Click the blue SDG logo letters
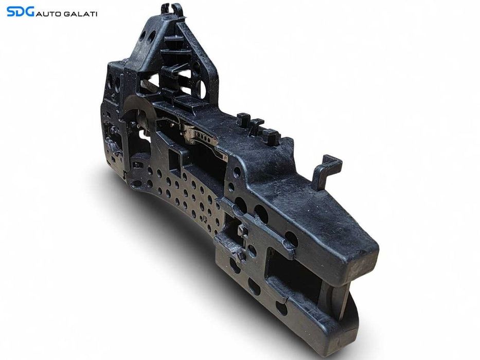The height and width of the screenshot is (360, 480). coord(20,12)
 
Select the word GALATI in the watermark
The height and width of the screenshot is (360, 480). coord(80,14)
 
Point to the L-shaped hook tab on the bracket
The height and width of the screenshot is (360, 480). coord(326,171)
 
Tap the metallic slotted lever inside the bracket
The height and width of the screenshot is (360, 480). coord(202,137)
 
